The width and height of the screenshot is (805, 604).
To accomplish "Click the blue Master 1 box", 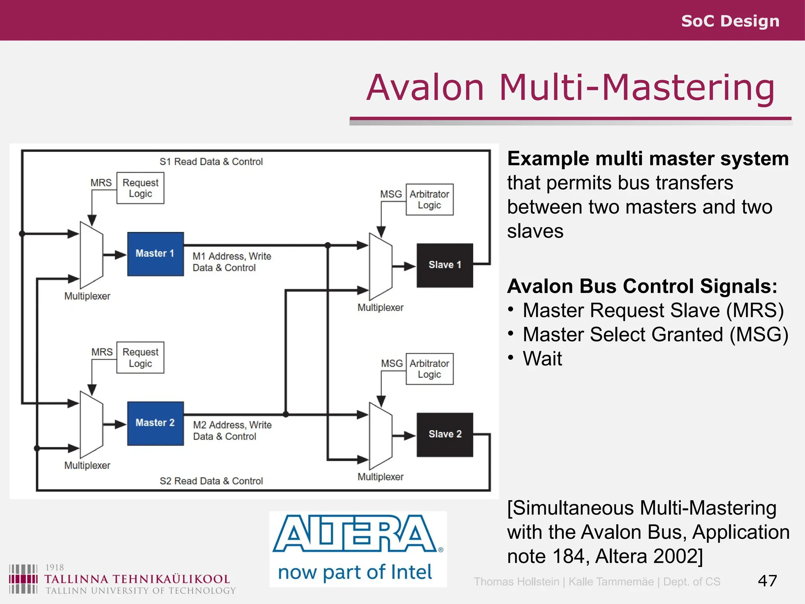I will [x=155, y=254].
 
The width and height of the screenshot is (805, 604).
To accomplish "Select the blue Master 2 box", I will [x=155, y=423].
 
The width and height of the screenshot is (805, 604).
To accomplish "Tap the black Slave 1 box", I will [x=445, y=265].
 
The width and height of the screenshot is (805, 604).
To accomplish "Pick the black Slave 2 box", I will [x=445, y=434].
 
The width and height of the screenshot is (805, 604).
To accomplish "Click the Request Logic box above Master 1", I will [x=140, y=188].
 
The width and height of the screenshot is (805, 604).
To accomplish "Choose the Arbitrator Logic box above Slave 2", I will [x=429, y=369].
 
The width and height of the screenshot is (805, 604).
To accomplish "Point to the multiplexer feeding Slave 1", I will [x=380, y=267].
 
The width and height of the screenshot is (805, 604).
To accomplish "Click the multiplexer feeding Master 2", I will [x=91, y=425].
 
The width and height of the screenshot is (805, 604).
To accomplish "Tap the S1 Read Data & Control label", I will [x=211, y=162].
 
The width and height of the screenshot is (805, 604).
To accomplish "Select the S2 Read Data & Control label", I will [x=211, y=481].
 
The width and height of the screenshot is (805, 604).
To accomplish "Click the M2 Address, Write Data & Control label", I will [x=232, y=431].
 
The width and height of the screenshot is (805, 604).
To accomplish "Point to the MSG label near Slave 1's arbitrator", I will [x=391, y=194].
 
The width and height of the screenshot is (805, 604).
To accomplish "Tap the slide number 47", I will [x=767, y=581].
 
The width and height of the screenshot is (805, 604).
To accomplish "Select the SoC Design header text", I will [x=730, y=21].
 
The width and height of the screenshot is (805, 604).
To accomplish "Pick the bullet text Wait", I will [x=542, y=359].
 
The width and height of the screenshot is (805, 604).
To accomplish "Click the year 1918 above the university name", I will [x=54, y=567].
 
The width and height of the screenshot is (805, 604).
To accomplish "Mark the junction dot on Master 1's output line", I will [x=327, y=245].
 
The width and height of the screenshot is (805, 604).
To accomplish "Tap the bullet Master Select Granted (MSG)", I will [x=655, y=335].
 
